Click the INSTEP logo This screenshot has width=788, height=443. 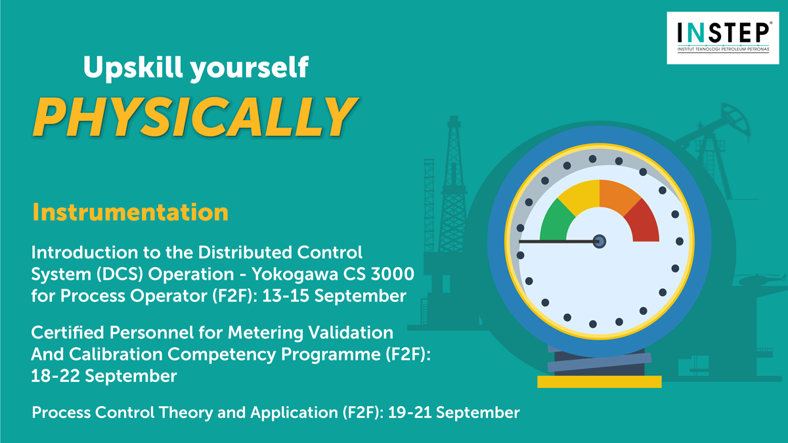[723, 38]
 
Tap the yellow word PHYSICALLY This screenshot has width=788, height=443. [195, 117]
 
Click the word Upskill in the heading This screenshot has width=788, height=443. [133, 68]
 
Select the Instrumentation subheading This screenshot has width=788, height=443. [130, 213]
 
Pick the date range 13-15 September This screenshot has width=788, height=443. [334, 296]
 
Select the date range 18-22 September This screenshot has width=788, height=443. [104, 376]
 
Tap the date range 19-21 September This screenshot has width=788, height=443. [454, 412]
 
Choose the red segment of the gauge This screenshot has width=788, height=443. [644, 222]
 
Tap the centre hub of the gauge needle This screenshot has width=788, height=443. [600, 242]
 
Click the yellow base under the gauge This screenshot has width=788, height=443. [600, 381]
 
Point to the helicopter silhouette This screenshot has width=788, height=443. [760, 280]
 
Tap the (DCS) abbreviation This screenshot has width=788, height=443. [120, 274]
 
